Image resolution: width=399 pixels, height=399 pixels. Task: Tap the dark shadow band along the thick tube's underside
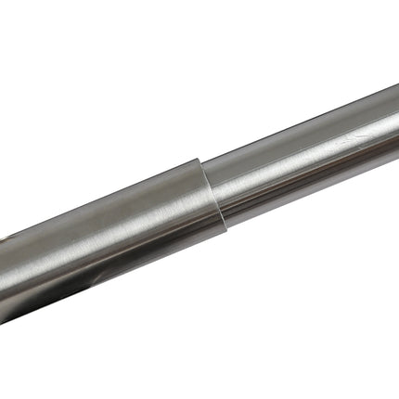102,278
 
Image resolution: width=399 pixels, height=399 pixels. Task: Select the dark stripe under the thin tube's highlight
306,176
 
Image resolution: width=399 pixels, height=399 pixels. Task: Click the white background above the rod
139,74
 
